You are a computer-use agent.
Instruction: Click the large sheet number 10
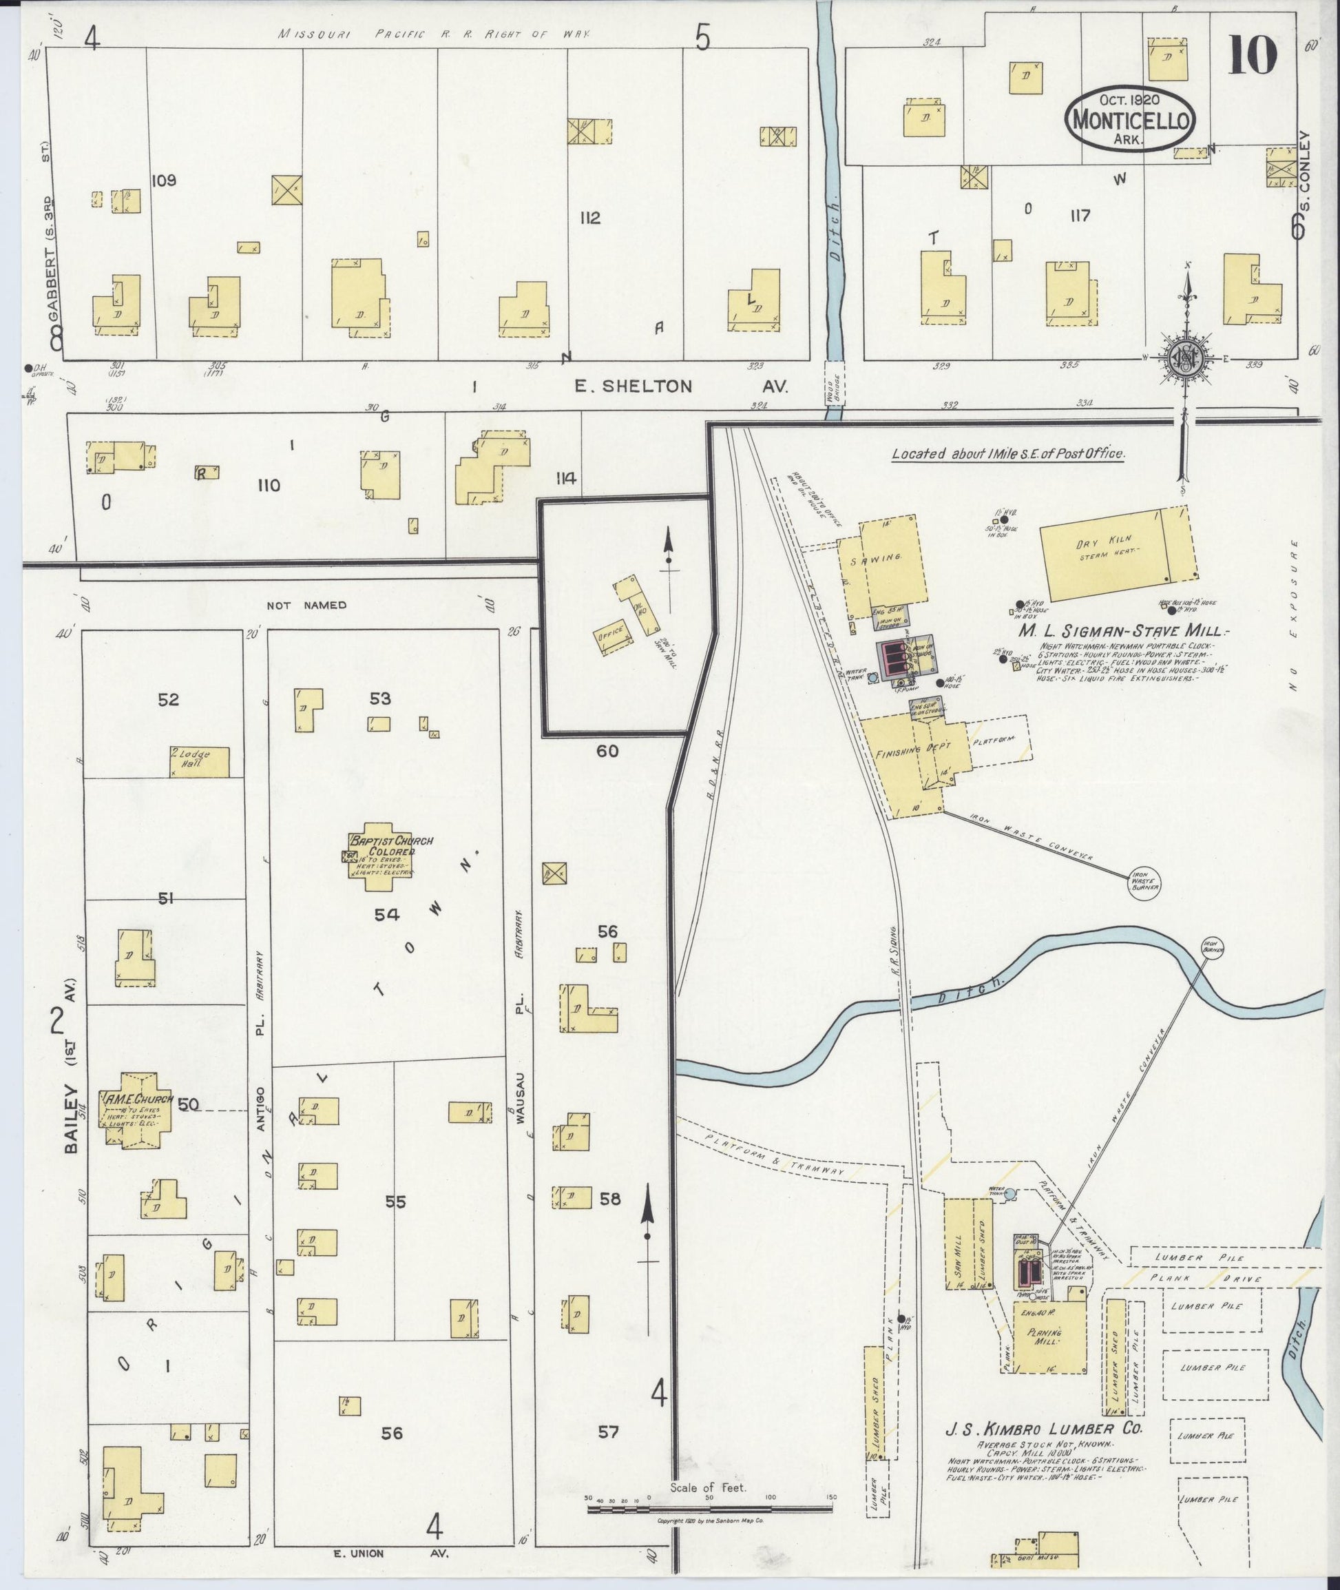1251,59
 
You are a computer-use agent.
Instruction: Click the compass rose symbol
1184,355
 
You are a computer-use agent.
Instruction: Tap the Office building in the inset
612,633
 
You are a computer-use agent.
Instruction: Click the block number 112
589,219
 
